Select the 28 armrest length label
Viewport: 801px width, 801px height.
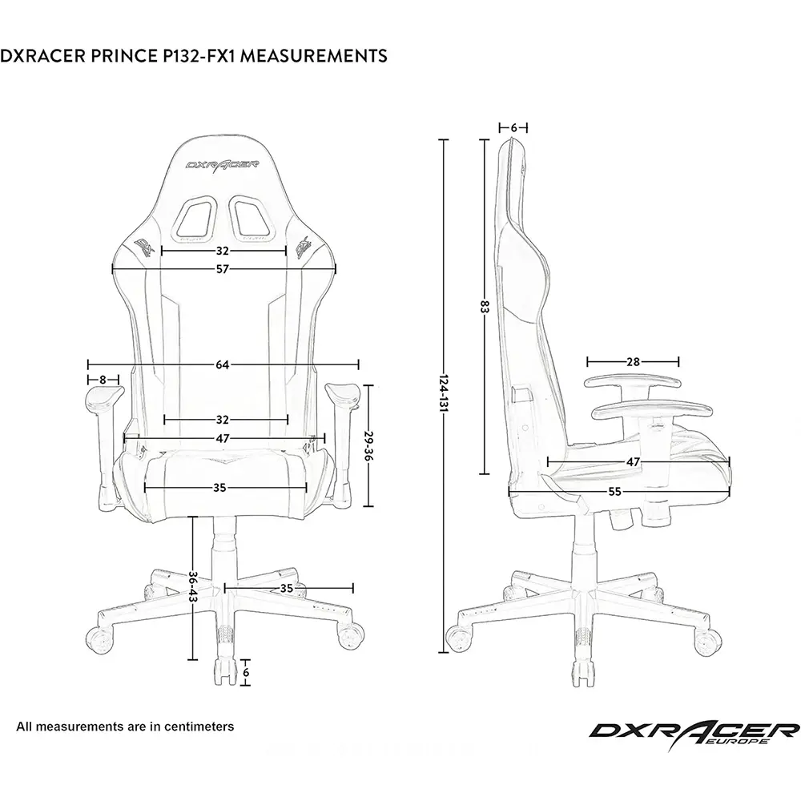pyautogui.click(x=633, y=362)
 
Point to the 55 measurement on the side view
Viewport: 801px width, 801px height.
pyautogui.click(x=614, y=492)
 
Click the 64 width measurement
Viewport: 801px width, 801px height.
pyautogui.click(x=222, y=365)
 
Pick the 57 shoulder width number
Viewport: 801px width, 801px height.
pyautogui.click(x=222, y=269)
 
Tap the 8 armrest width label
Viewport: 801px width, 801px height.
pyautogui.click(x=103, y=379)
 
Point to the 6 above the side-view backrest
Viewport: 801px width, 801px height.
pyautogui.click(x=513, y=127)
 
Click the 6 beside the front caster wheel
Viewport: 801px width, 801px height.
pyautogui.click(x=246, y=673)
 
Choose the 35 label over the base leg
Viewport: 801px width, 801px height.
pyautogui.click(x=287, y=588)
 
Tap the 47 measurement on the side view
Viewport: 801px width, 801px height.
pyautogui.click(x=633, y=462)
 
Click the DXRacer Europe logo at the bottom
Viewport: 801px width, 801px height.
pyautogui.click(x=694, y=731)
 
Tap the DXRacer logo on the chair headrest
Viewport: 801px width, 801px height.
pyautogui.click(x=222, y=163)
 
